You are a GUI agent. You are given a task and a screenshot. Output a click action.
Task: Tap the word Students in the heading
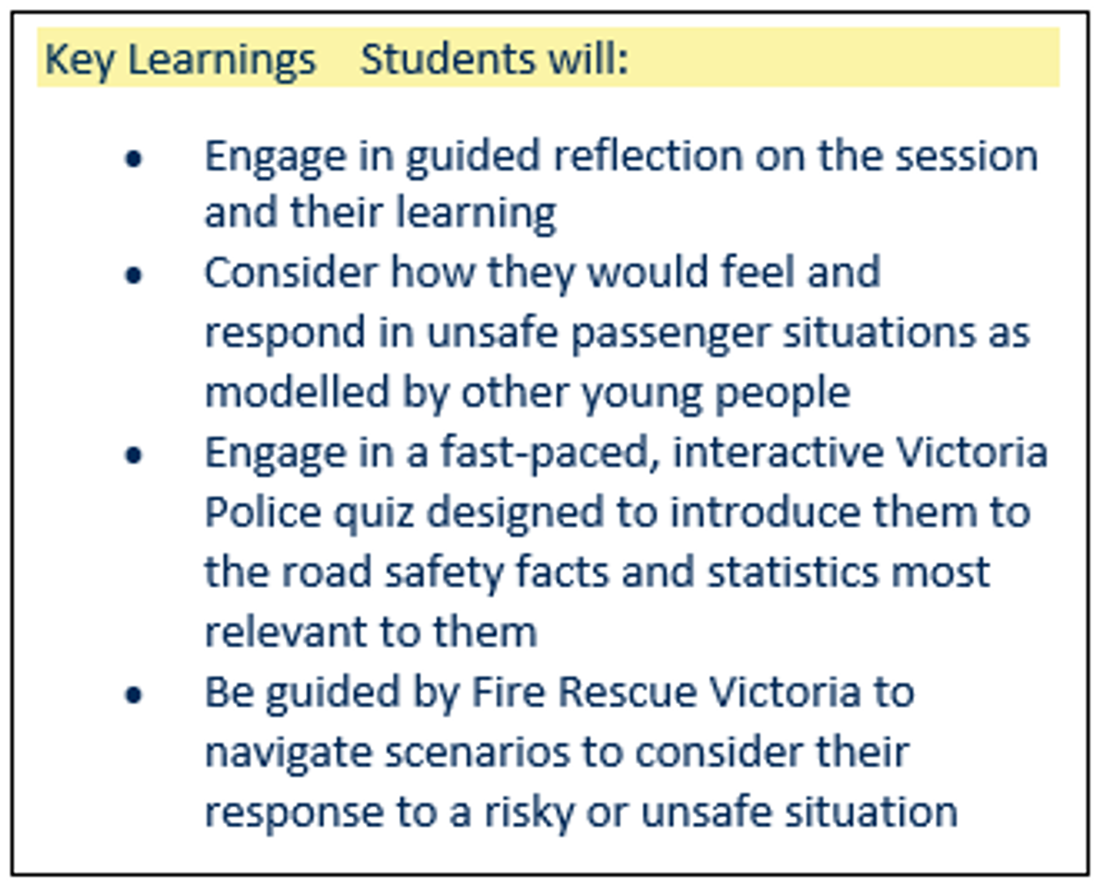pyautogui.click(x=448, y=59)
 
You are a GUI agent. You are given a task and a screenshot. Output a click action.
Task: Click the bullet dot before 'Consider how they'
pyautogui.click(x=134, y=276)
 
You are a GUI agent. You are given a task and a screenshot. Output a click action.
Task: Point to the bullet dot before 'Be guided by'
pyautogui.click(x=134, y=695)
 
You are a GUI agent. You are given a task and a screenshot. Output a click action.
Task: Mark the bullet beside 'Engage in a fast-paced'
pyautogui.click(x=134, y=455)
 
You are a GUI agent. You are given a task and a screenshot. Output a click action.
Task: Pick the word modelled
pyautogui.click(x=297, y=393)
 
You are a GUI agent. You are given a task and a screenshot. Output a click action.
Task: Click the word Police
pyautogui.click(x=264, y=512)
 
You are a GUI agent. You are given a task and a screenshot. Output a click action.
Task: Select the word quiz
pyautogui.click(x=374, y=515)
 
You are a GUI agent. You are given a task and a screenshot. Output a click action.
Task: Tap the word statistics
pyautogui.click(x=794, y=572)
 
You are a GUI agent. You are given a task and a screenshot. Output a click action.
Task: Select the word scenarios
pyautogui.click(x=477, y=753)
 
